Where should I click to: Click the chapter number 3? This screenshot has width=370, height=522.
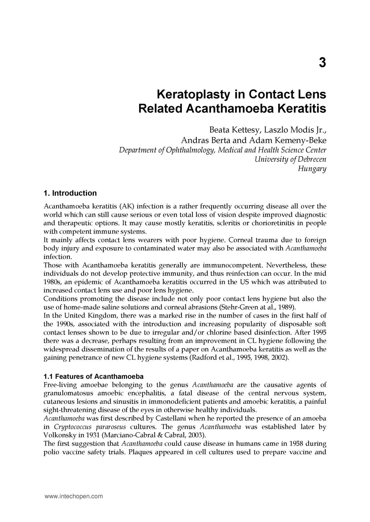pos(322,63)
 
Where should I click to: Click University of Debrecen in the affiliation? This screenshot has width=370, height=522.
pos(290,159)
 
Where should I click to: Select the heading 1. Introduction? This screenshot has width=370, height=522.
pos(70,193)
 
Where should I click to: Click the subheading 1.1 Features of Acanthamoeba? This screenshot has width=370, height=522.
pos(93,376)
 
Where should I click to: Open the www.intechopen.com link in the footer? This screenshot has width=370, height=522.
pos(74,497)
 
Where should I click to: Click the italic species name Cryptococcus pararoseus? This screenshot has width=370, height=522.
pos(90,427)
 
